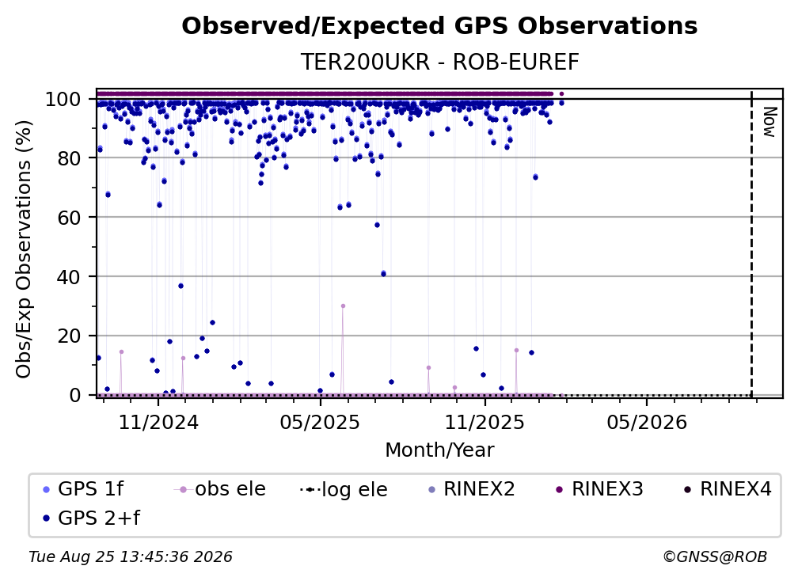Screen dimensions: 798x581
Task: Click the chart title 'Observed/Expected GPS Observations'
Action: [x=439, y=26]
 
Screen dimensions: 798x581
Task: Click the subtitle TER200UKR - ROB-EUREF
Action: [x=439, y=62]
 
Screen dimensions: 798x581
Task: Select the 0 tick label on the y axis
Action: [x=74, y=395]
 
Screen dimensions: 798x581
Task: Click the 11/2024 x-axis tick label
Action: [x=158, y=422]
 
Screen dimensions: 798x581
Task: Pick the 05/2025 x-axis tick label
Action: [x=320, y=422]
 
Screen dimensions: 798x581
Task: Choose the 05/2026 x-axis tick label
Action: [x=646, y=422]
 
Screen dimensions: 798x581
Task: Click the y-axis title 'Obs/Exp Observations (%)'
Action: [x=24, y=249]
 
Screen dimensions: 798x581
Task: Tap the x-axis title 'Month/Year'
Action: [x=439, y=450]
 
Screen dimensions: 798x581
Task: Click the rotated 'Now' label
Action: [x=769, y=122]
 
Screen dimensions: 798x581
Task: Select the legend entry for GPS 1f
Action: [x=83, y=489]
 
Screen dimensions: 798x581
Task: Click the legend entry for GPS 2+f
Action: [x=92, y=518]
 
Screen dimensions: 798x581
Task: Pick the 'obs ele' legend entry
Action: [x=220, y=489]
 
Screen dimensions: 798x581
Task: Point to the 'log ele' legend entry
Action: [x=344, y=489]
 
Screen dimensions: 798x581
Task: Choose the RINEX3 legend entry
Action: [x=599, y=489]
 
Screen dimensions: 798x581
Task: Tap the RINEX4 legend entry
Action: [x=728, y=489]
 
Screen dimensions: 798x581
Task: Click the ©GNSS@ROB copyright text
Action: [x=715, y=556]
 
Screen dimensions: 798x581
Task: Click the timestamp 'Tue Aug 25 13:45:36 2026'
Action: [x=131, y=556]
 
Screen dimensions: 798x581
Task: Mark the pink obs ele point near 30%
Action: [x=343, y=306]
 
